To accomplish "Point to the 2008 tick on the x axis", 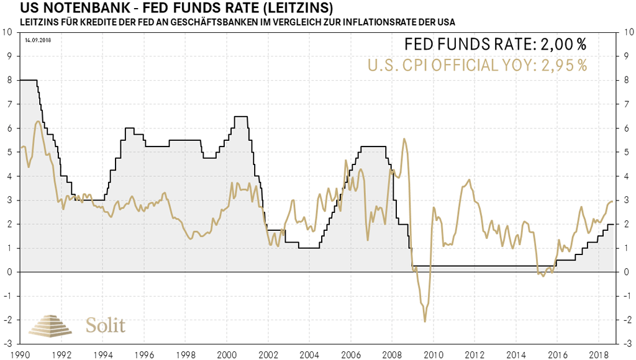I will (391, 354).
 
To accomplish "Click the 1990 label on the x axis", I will (20, 354).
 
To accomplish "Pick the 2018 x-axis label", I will (597, 354).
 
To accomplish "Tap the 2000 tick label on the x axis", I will (227, 354).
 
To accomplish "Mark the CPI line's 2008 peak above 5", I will (405, 140).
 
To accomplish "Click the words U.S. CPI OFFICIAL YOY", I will (444, 65).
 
